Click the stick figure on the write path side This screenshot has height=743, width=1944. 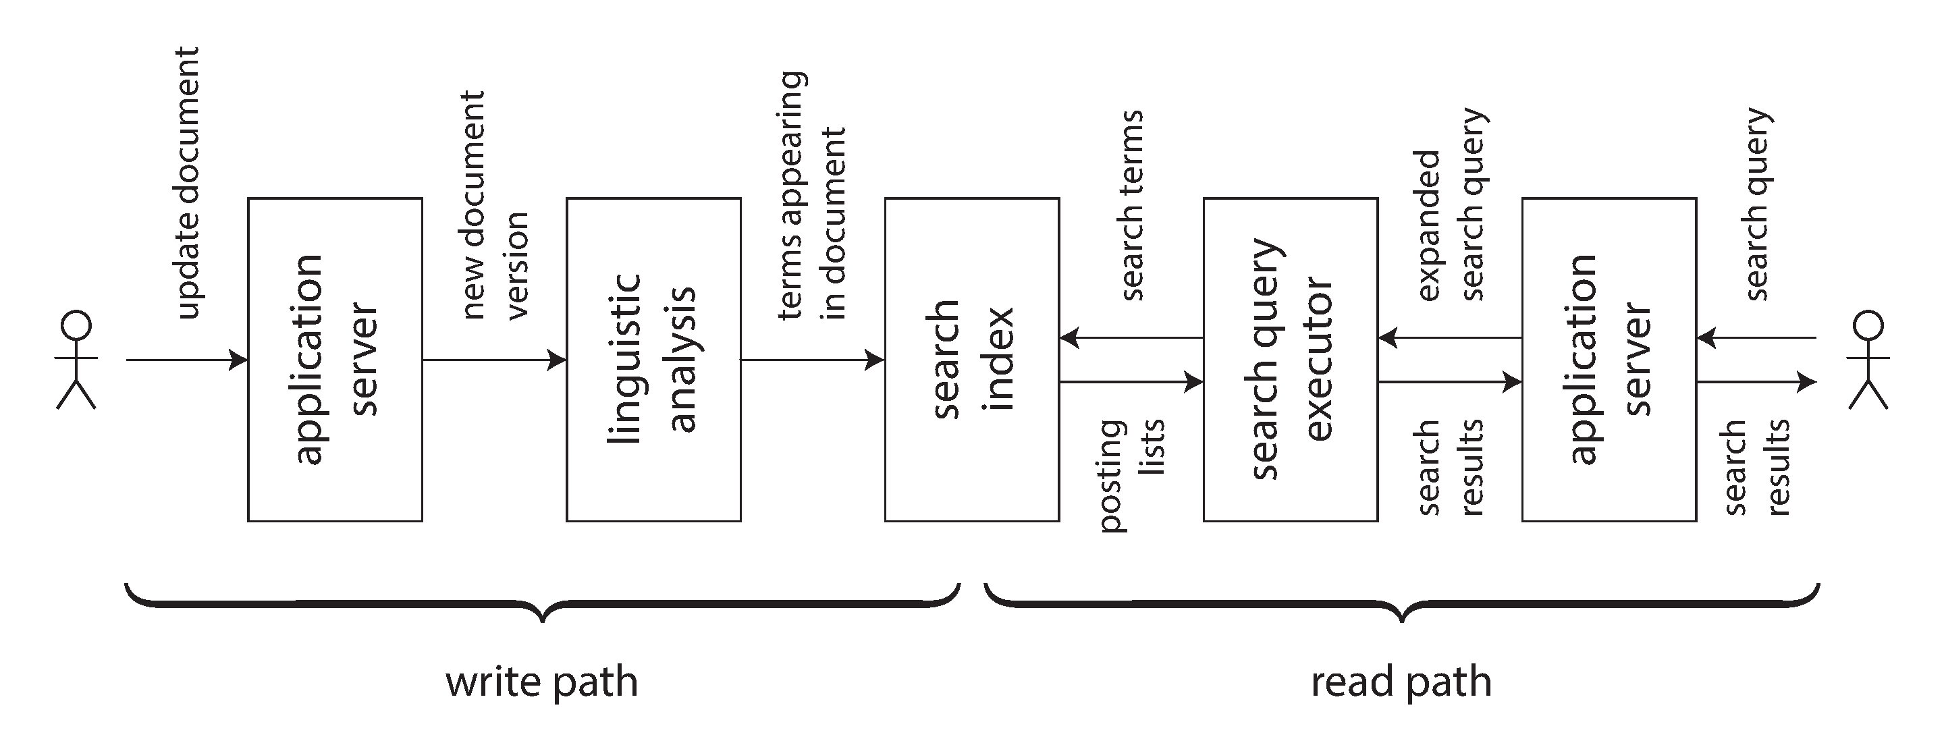point(76,360)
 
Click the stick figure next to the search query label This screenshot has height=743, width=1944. point(1868,360)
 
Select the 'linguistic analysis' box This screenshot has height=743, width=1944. point(653,359)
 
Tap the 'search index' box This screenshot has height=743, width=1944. point(972,359)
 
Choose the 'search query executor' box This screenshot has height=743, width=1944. point(1291,359)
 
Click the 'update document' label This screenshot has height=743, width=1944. point(187,184)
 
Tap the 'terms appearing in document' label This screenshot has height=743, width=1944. point(813,196)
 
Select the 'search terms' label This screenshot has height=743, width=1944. point(1132,205)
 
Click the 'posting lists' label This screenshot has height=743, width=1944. point(1132,475)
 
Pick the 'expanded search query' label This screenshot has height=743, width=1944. point(1451,205)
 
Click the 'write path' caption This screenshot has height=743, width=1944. point(542,681)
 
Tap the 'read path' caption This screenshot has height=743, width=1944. point(1401,681)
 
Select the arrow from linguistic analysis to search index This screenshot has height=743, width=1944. point(813,360)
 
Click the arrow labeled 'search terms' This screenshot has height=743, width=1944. point(1131,339)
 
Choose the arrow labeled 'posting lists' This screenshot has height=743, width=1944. point(1131,383)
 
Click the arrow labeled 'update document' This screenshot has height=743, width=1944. point(187,360)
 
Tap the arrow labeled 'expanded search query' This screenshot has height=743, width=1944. point(1450,339)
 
